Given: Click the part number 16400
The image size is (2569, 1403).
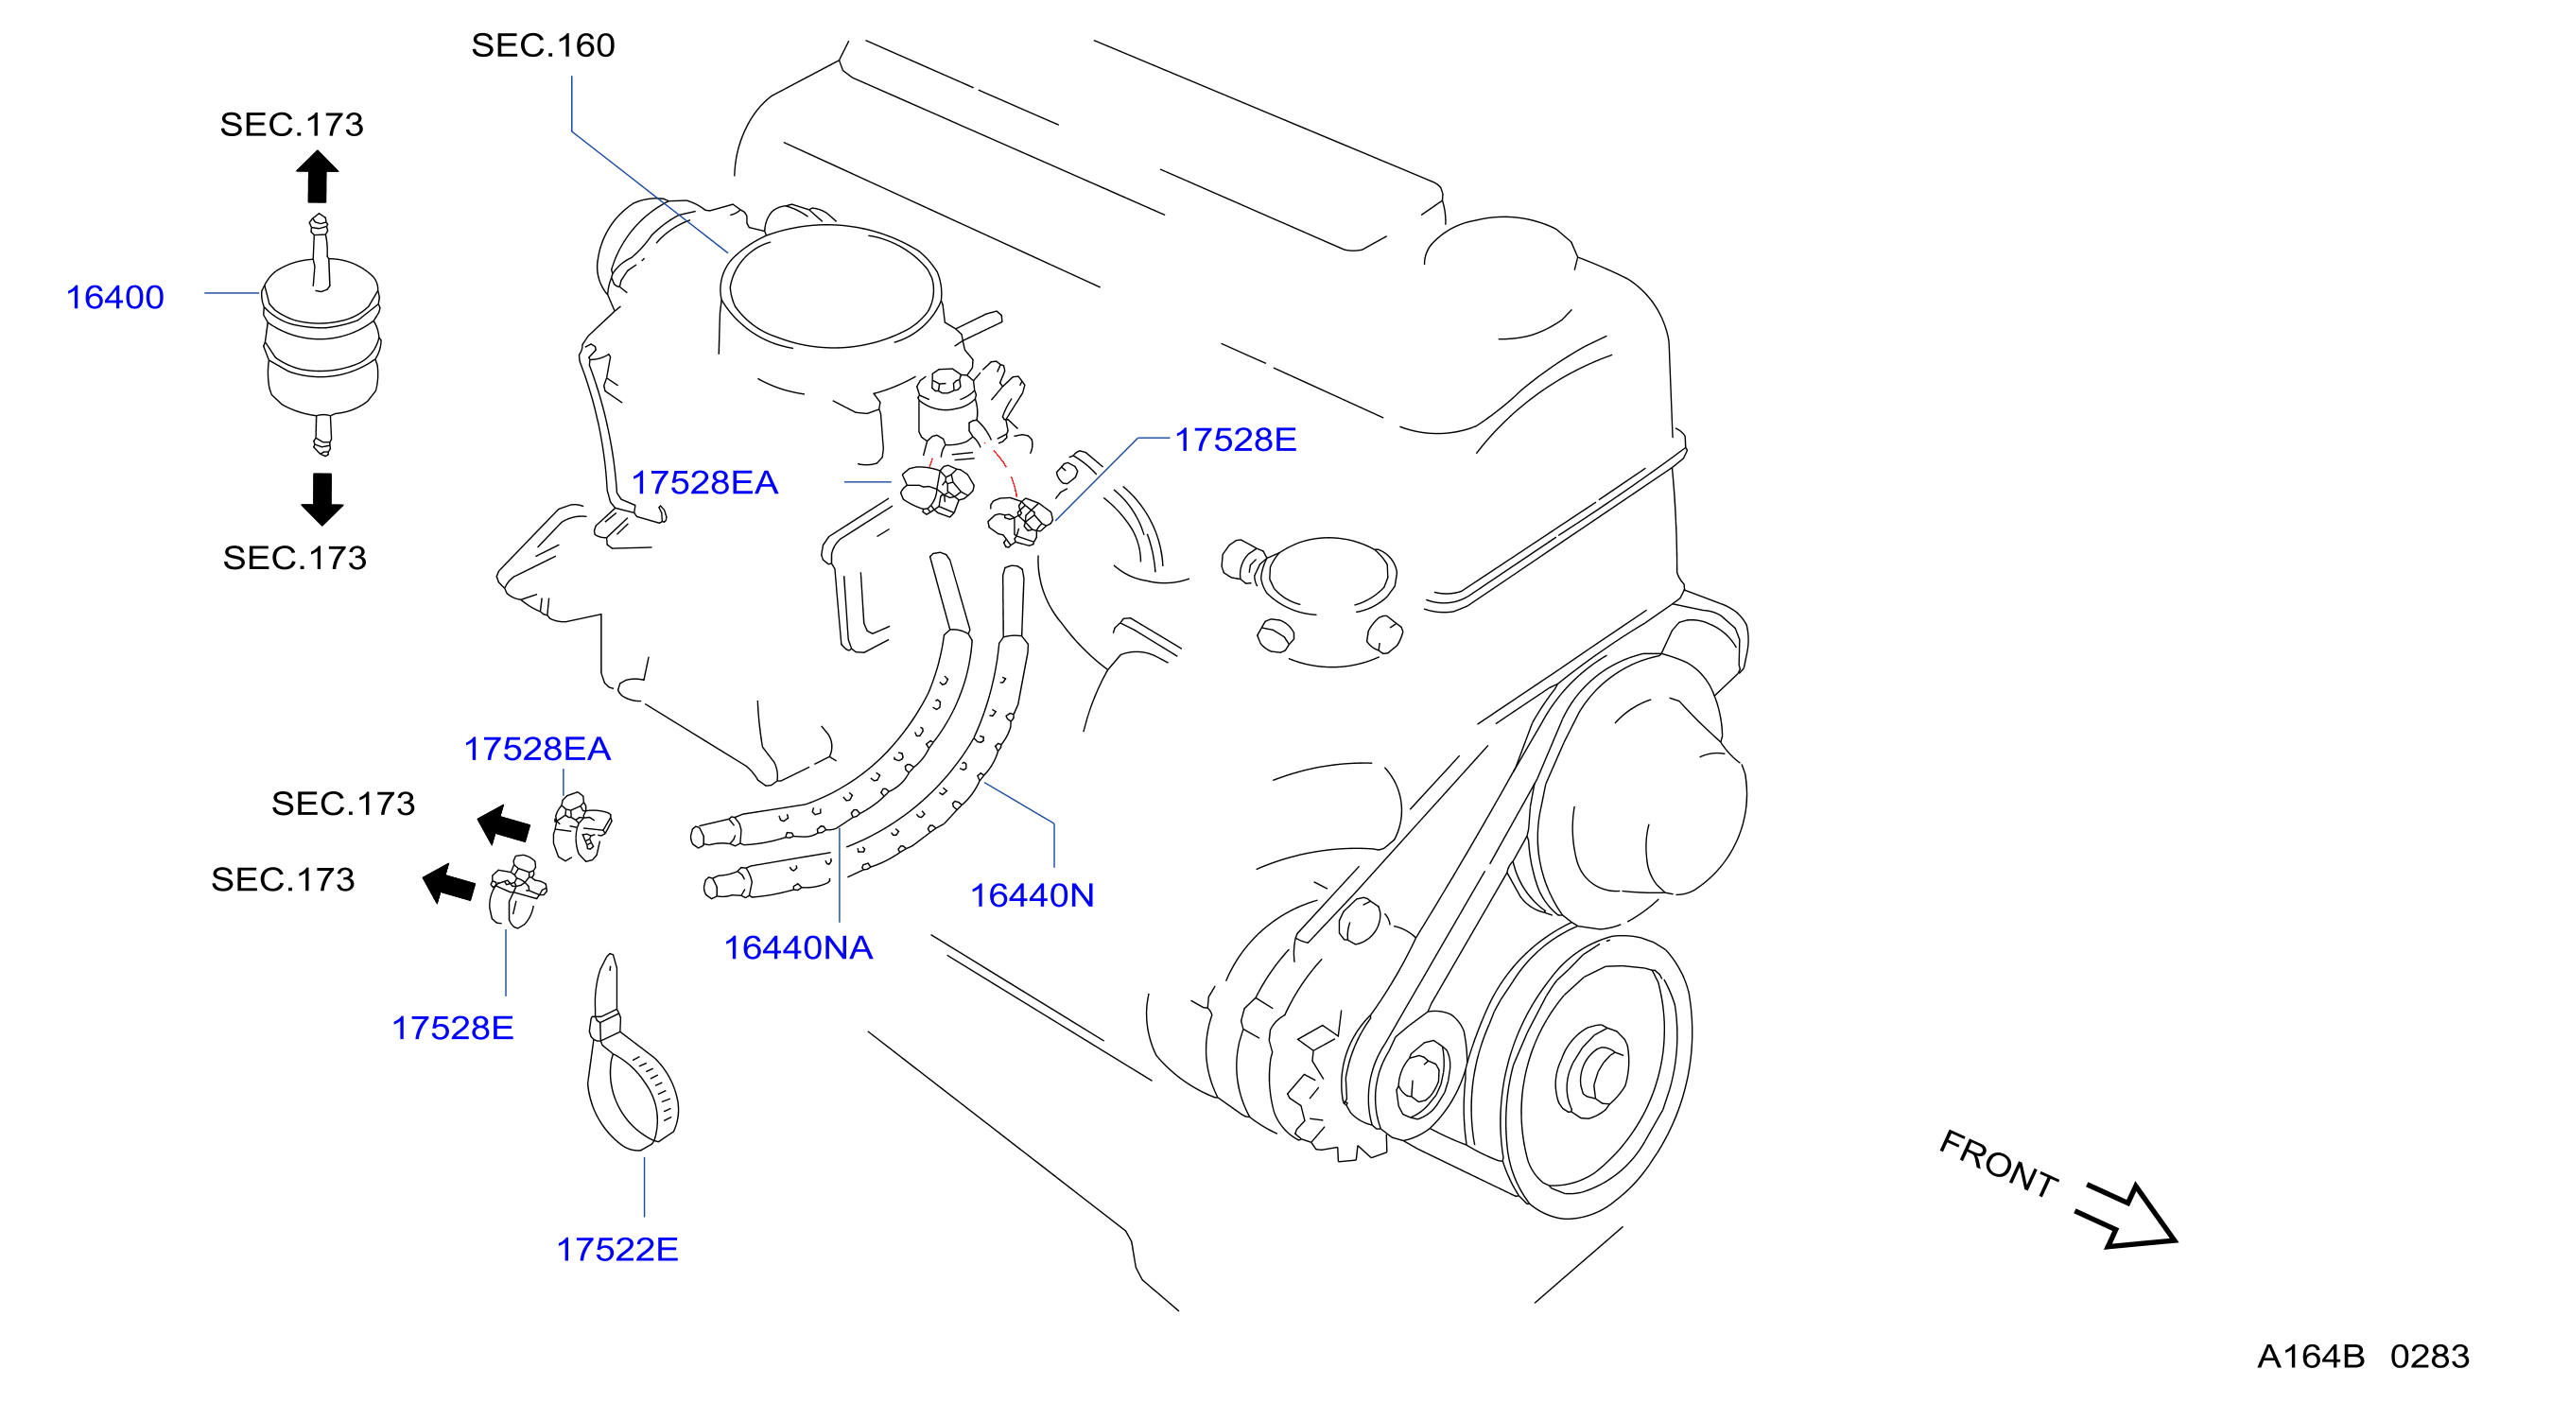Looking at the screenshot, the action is (x=114, y=297).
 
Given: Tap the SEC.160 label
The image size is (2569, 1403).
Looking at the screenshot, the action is (x=543, y=44).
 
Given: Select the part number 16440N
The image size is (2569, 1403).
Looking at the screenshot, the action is (x=1033, y=895).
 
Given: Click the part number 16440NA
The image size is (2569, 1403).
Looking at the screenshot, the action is (x=798, y=947).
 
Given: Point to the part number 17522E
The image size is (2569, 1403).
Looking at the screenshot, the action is (x=616, y=1250).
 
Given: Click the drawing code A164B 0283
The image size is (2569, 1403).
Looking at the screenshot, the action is (x=2363, y=1356).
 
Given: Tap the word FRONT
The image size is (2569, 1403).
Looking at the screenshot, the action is (x=1998, y=1163).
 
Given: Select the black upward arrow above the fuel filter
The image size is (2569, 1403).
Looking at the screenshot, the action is (x=317, y=177).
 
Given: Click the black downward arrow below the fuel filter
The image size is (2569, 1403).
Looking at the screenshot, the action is (x=321, y=498).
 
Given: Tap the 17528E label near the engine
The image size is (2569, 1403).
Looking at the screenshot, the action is (x=1235, y=440).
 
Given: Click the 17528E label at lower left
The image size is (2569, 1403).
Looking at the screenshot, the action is (x=452, y=1028).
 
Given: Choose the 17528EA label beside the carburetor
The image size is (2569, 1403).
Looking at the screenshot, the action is (x=704, y=482).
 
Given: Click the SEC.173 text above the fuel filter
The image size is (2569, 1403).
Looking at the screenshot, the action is (x=291, y=125).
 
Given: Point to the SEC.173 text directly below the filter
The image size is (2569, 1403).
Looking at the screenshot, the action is (x=294, y=559).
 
